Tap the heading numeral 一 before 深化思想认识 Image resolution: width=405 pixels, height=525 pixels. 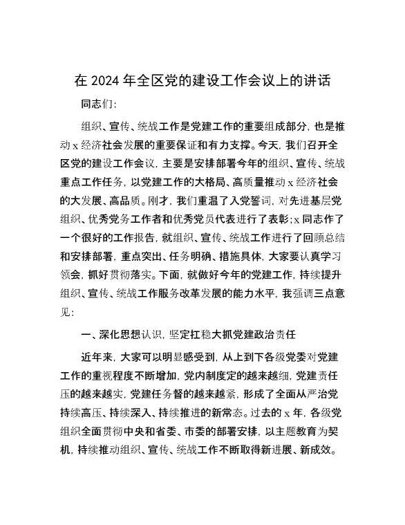tap(86, 335)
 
